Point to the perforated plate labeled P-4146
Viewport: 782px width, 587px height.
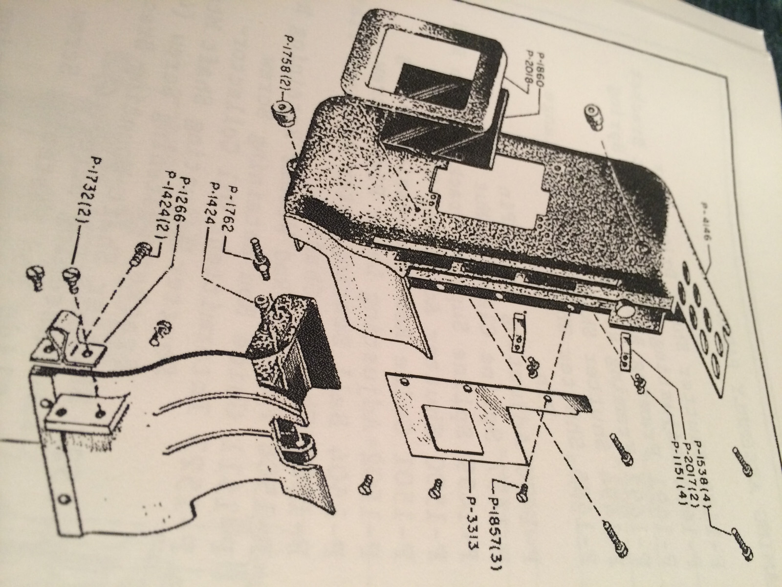704,328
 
